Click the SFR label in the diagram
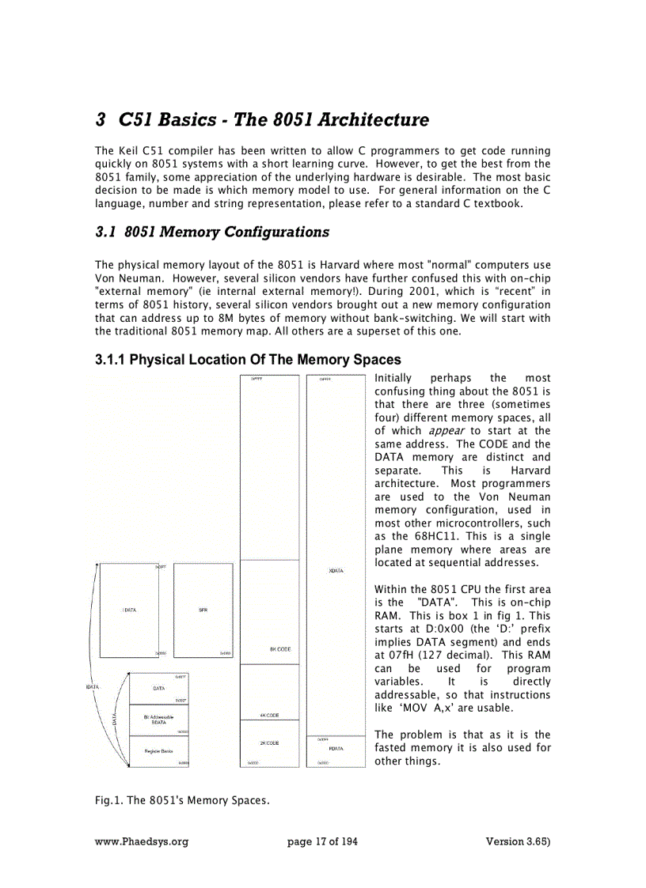[x=203, y=610]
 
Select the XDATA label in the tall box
[x=336, y=570]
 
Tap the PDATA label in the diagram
[x=336, y=748]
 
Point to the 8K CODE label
[x=280, y=649]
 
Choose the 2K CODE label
[x=269, y=743]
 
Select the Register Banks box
[x=159, y=750]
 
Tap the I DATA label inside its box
[x=129, y=610]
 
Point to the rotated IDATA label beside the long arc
[x=93, y=687]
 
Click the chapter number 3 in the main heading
[x=101, y=120]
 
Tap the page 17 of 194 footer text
[x=322, y=841]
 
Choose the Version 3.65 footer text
[x=518, y=841]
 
